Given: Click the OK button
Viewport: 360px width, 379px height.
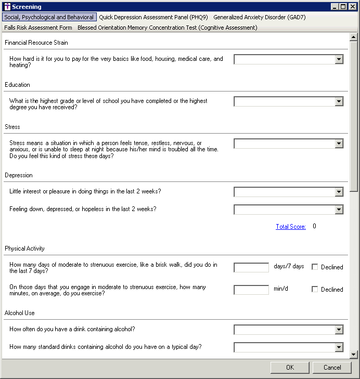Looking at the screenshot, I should tap(290, 368).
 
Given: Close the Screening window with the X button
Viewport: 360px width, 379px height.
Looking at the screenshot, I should tap(351, 7).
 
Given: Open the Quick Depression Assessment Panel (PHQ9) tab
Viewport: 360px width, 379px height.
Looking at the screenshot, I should tap(153, 17).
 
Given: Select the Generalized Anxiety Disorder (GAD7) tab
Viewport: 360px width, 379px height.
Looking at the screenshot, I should tap(259, 17).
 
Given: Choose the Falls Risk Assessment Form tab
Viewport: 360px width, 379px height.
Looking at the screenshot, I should tap(38, 28).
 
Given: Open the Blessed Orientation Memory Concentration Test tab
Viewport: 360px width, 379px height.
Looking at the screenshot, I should tap(167, 28).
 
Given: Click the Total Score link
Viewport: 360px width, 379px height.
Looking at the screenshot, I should tap(291, 227).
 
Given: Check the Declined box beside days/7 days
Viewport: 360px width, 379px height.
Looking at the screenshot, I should tap(315, 267).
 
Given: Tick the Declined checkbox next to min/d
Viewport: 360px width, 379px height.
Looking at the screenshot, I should tap(315, 290).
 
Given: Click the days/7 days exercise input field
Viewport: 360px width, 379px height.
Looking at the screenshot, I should tap(251, 267).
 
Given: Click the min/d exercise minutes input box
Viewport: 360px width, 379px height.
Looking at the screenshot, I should tap(251, 290).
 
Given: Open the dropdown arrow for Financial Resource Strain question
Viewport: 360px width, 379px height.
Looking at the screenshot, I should tap(339, 59).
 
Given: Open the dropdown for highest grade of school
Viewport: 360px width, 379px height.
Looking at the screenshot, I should tap(339, 101).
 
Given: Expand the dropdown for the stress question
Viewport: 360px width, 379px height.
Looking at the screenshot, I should tap(339, 143).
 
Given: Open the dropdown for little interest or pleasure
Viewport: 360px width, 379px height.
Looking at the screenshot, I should tap(339, 192).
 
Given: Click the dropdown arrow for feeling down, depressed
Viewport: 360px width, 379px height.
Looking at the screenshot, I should tap(339, 210).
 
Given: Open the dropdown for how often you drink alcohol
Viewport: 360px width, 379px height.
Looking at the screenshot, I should tap(339, 330).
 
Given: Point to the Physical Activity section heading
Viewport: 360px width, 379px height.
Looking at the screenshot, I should tap(25, 249).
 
